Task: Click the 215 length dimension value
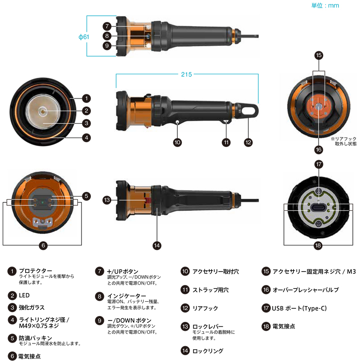[186, 74]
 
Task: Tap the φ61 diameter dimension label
[84, 37]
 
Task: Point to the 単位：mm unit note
[325, 5]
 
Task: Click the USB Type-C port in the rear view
[319, 208]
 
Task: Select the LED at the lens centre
[43, 111]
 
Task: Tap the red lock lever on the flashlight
[147, 200]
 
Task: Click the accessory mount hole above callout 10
[177, 121]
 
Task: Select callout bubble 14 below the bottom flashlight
[157, 245]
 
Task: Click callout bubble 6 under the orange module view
[43, 245]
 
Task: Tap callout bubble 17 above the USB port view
[319, 165]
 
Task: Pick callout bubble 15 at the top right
[319, 55]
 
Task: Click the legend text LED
[24, 295]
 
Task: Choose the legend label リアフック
[205, 308]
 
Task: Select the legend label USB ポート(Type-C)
[299, 308]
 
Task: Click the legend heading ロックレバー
[207, 326]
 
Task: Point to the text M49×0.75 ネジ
[39, 326]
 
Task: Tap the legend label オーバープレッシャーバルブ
[306, 290]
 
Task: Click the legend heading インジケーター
[126, 296]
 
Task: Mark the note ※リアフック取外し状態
[344, 141]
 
